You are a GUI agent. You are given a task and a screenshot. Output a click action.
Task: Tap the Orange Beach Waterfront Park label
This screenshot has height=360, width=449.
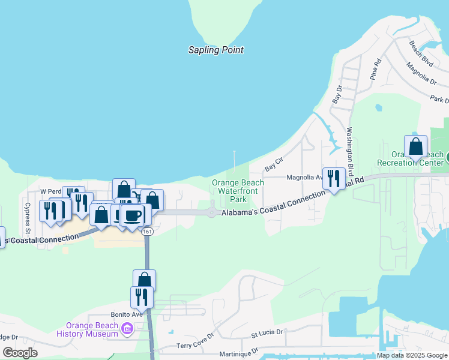point(238,191)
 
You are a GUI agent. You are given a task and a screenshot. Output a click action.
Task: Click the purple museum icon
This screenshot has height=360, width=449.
point(127,329)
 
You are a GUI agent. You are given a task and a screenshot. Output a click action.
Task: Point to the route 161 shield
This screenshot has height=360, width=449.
point(148,232)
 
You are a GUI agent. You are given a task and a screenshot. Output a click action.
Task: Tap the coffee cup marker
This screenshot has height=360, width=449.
point(133,215)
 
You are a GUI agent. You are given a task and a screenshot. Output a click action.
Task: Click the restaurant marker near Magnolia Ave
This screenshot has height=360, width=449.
point(334,178)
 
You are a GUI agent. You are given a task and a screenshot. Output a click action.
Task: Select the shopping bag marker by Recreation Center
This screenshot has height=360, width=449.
point(415,146)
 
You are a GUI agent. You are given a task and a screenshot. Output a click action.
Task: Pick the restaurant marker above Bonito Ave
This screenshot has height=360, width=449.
point(142,296)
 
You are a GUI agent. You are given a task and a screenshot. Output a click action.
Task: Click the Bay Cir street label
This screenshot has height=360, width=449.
point(274,167)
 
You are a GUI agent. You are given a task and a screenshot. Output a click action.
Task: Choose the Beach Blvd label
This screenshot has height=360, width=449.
point(421,52)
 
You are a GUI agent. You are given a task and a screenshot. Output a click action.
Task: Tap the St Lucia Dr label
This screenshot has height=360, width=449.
point(266,331)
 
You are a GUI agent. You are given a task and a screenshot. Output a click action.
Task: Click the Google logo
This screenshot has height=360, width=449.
point(20,352)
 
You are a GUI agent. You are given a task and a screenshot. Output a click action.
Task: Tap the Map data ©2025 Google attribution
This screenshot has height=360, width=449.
point(411,355)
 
